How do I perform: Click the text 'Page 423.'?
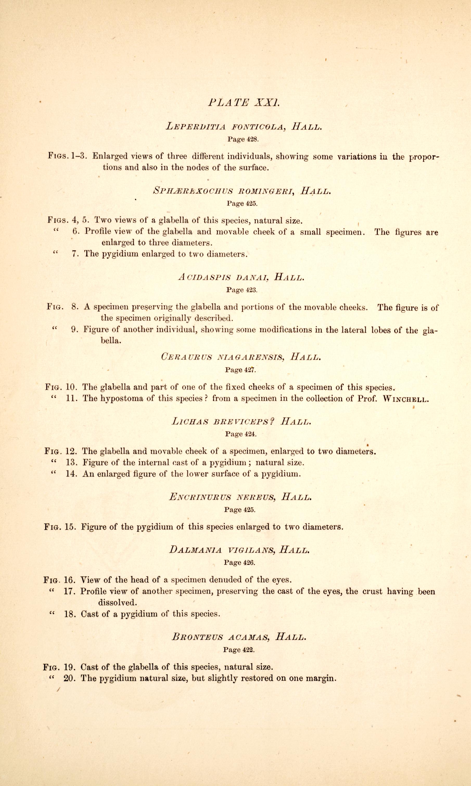click(x=242, y=290)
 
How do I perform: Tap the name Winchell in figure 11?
click(x=406, y=399)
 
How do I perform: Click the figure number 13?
click(x=71, y=463)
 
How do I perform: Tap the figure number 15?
click(x=70, y=527)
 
